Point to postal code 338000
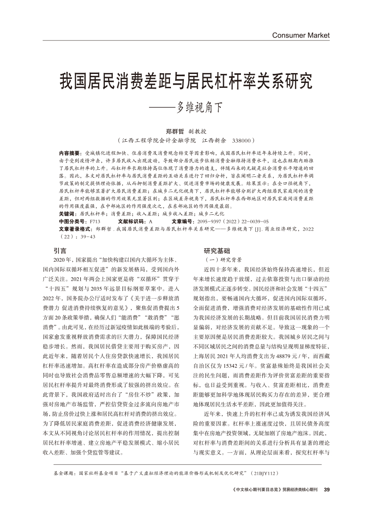(243, 140)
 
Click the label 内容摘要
(69, 152)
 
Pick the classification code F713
(95, 221)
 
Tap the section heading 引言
(60, 250)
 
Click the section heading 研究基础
(217, 250)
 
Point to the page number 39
(326, 490)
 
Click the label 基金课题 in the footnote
(64, 472)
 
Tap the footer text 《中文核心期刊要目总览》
(257, 490)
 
